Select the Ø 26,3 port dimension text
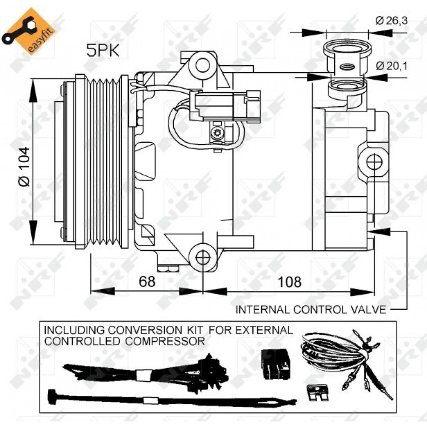392,20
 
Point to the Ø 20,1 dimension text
392,66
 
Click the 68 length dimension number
147,281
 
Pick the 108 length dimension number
290,281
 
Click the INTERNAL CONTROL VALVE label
311,310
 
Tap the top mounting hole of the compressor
202,65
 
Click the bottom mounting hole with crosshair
203,257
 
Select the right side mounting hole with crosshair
374,162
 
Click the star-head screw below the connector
218,133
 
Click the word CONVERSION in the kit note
144,330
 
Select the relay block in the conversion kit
276,364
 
